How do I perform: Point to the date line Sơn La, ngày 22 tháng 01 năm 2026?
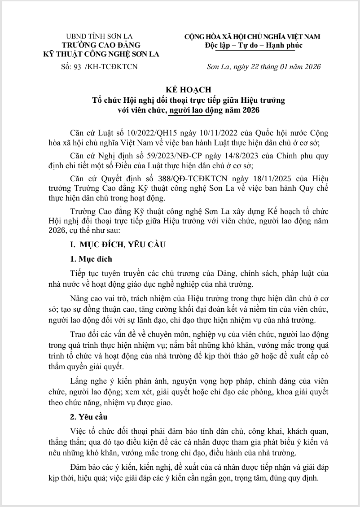263,67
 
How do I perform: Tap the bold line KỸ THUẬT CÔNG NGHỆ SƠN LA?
101,54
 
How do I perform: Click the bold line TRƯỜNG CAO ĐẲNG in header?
101,45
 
